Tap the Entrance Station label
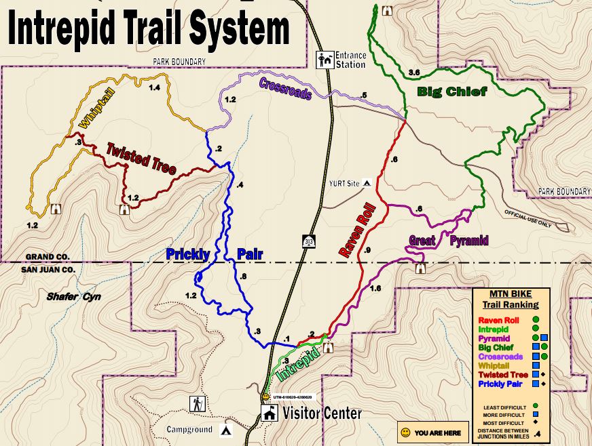[350, 60]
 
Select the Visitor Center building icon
[270, 413]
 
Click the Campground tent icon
[227, 429]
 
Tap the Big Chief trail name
[451, 92]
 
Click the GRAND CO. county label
[48, 258]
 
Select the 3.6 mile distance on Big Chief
[415, 73]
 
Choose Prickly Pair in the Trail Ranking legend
[503, 384]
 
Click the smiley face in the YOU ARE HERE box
[405, 432]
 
